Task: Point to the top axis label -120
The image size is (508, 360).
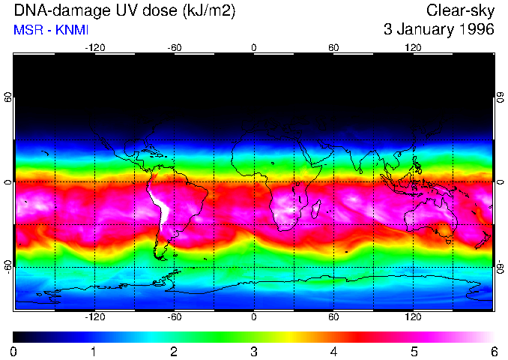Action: click(94, 47)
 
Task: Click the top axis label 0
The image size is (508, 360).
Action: click(254, 47)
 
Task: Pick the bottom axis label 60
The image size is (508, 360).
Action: click(333, 316)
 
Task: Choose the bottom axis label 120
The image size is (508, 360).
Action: click(413, 316)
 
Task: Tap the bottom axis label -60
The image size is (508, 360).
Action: click(174, 316)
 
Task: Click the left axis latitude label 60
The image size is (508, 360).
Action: click(8, 97)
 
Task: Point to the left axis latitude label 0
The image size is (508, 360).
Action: click(8, 182)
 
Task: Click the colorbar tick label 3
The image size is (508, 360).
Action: click(254, 351)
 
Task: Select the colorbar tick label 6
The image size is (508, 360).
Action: click(493, 351)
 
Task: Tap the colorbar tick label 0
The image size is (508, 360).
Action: click(14, 351)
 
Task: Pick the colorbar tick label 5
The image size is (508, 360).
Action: click(414, 351)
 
